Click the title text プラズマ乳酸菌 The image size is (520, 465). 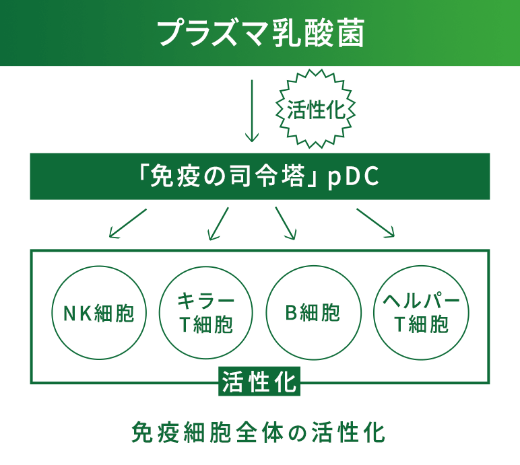tap(261, 33)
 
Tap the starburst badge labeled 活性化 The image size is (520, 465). tap(315, 109)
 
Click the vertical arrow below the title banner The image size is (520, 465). tap(252, 111)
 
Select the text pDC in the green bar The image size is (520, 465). tap(353, 177)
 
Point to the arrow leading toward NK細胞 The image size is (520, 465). tap(128, 223)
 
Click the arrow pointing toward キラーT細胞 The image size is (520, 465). tap(218, 223)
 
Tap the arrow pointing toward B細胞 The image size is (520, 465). tap(286, 223)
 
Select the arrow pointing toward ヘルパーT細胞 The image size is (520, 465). tap(375, 223)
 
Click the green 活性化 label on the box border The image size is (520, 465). tap(259, 382)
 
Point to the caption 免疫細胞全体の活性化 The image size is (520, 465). tap(259, 432)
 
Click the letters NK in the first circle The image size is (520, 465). tap(78, 313)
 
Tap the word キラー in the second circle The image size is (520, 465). tap(205, 300)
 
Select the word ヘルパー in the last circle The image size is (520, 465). tap(421, 300)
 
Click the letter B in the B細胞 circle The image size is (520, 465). tap(291, 312)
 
